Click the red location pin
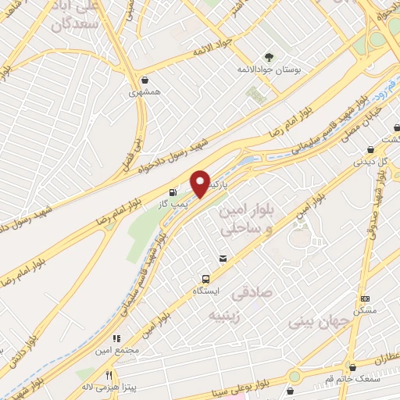pos(200,183)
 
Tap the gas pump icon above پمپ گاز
pos(172,191)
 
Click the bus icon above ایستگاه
pos(205,278)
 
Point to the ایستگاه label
pos(206,290)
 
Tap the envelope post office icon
pos(223,258)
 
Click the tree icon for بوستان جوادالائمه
pos(270,56)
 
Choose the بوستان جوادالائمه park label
pos(270,69)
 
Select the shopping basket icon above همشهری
pos(144,80)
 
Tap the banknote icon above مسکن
pos(365,298)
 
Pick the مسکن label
pos(365,310)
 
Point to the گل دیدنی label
pos(370,162)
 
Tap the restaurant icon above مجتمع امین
pos(116,339)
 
